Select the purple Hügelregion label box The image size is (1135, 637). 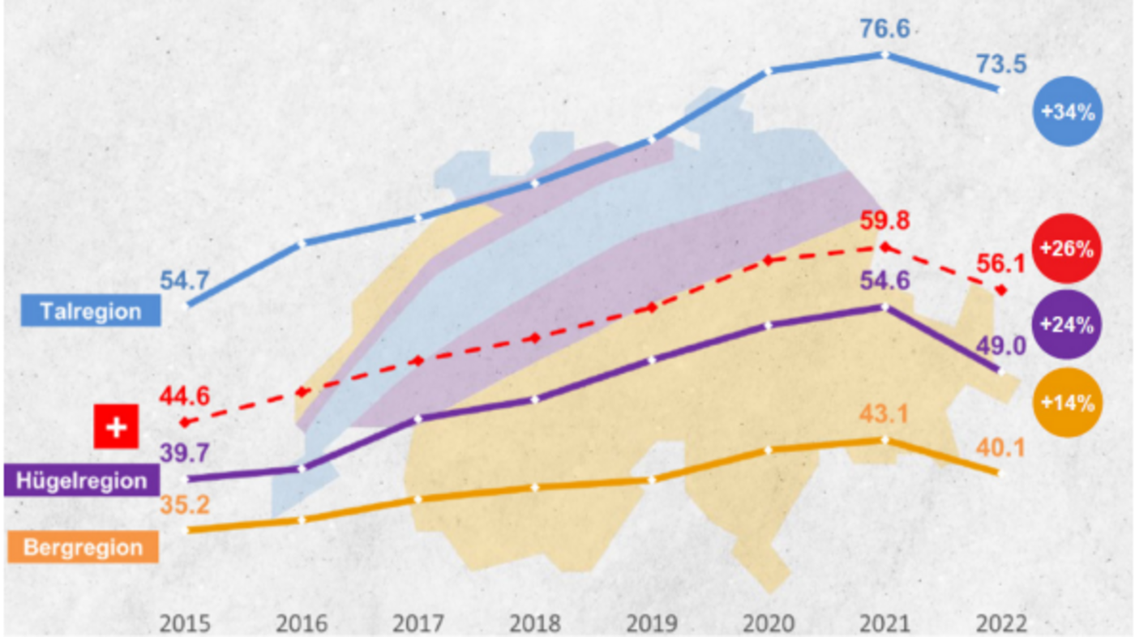click(x=81, y=480)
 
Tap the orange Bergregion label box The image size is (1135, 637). click(x=83, y=547)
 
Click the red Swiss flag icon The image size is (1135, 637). click(x=117, y=426)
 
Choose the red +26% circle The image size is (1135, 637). click(x=1068, y=248)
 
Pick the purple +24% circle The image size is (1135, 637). click(x=1068, y=324)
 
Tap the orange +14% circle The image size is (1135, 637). click(x=1068, y=402)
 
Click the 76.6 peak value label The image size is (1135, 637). click(x=884, y=30)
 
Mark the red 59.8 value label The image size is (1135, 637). click(x=884, y=221)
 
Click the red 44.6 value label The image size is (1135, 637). click(x=185, y=397)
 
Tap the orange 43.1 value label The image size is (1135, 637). click(x=884, y=414)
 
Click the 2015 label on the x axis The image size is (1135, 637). click(x=185, y=624)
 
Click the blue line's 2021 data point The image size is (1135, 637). click(x=884, y=55)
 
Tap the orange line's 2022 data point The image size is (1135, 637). click(x=1000, y=472)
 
